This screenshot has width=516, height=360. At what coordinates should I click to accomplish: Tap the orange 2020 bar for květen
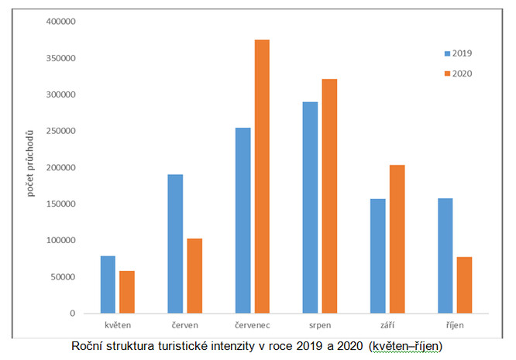[126, 292]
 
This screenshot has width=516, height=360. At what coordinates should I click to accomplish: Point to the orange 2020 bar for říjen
[465, 285]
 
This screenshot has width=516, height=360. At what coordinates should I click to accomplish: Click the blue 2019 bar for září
[377, 256]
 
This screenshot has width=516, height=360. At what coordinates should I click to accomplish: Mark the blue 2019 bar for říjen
[445, 255]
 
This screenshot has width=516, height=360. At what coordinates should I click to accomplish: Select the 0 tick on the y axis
[72, 314]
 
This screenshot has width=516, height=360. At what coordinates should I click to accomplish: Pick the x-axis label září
[387, 325]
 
